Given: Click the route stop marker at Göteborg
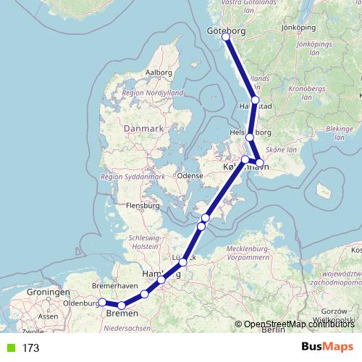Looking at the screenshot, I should (x=227, y=36).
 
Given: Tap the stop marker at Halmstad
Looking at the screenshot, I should (x=255, y=101).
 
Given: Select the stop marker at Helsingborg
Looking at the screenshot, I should (x=250, y=137).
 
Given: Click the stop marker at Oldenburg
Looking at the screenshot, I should (x=102, y=302).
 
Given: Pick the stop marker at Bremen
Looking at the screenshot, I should (x=122, y=306).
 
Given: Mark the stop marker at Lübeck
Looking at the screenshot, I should (x=183, y=262).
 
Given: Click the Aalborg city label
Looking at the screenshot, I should (x=159, y=72).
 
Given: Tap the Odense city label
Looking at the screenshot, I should (x=190, y=175).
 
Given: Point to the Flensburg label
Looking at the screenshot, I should (x=143, y=206).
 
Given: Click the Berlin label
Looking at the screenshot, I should (x=273, y=330).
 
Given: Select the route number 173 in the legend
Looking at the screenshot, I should (x=30, y=348).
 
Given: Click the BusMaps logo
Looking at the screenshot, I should (x=327, y=347).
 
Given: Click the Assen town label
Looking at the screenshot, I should (x=48, y=316).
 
